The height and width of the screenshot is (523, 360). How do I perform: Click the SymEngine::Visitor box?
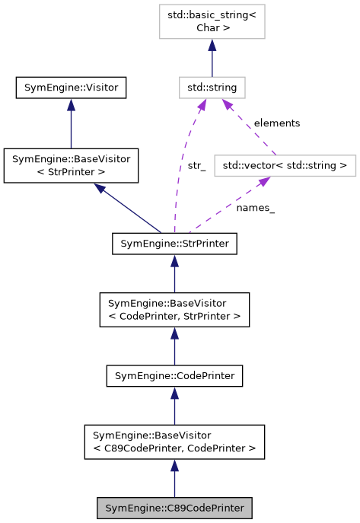(71, 88)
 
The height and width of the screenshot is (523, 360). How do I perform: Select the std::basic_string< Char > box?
(212, 23)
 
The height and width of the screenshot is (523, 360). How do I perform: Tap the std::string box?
(212, 88)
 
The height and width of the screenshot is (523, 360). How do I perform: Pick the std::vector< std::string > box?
(285, 164)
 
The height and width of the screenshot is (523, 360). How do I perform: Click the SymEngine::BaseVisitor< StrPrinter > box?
(71, 166)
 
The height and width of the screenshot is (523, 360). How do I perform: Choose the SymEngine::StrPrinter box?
(174, 244)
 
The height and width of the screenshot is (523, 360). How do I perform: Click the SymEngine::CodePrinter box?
(174, 375)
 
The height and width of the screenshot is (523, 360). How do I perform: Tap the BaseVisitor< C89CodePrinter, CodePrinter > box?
(174, 442)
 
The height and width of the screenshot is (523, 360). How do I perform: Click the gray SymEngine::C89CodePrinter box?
(174, 508)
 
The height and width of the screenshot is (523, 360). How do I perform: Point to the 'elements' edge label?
(276, 123)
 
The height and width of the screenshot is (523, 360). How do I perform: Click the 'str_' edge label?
(196, 165)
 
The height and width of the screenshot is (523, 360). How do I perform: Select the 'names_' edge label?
(255, 207)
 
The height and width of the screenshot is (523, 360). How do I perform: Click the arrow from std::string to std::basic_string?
(212, 58)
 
